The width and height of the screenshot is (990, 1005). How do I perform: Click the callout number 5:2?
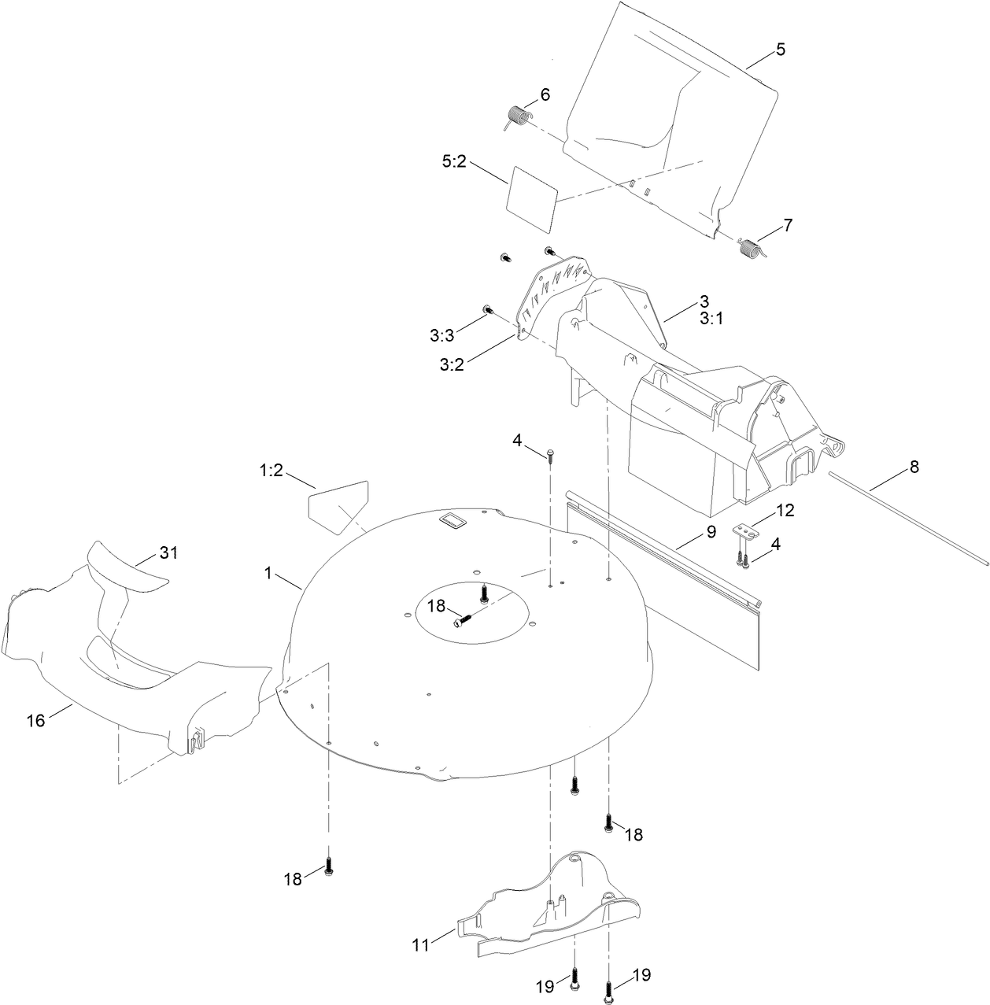454,162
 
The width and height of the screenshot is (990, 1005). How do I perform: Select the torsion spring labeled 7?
752,246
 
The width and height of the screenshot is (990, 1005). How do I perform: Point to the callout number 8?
914,467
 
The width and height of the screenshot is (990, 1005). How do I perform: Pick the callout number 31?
168,552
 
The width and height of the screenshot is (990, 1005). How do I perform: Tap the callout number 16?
36,721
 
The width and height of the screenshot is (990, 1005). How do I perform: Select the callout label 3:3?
441,336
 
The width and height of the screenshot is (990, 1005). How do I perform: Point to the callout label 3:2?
452,364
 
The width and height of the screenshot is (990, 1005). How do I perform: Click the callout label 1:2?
271,471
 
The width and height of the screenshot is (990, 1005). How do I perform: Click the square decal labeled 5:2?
532,199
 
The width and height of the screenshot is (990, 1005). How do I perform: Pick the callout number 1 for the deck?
268,574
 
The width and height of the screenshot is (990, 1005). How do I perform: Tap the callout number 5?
781,50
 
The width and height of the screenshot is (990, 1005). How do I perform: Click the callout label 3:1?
711,320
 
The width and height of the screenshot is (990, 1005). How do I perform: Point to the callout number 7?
788,225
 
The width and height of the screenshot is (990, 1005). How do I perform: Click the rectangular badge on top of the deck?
453,520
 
